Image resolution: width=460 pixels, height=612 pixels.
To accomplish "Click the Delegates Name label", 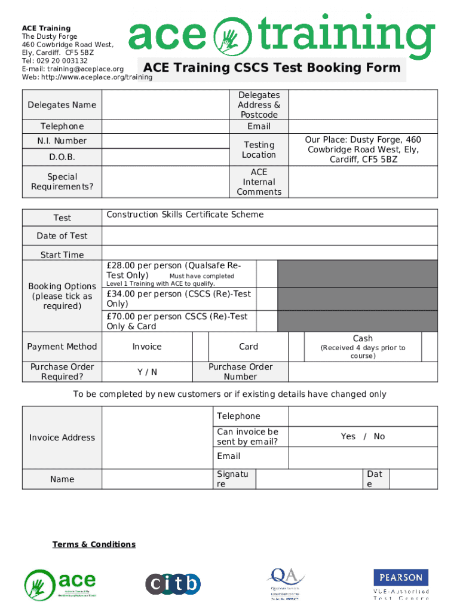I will click(x=62, y=105).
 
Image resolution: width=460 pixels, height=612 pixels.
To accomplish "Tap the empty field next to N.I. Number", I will click(x=165, y=141).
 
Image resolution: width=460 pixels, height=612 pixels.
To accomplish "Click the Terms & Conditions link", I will click(x=94, y=544).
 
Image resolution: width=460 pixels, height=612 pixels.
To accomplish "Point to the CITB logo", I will click(x=173, y=583).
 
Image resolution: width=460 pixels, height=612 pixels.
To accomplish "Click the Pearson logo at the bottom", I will click(x=401, y=578).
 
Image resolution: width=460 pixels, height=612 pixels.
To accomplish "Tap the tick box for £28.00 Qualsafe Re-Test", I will click(x=267, y=273).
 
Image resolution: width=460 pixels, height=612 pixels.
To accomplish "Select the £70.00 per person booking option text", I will click(x=177, y=322).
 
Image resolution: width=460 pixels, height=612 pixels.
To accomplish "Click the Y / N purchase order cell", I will click(x=147, y=372).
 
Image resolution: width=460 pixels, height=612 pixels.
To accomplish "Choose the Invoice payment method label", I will click(x=147, y=347).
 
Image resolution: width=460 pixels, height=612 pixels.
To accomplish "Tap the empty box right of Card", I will click(x=296, y=347).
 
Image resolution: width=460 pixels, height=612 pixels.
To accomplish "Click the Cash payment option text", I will click(x=363, y=338).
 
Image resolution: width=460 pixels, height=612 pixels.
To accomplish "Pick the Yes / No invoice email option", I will click(x=363, y=437).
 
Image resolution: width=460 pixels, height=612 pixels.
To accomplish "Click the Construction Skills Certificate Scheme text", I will click(x=185, y=215).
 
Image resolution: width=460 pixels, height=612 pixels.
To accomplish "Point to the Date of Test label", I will click(x=62, y=236).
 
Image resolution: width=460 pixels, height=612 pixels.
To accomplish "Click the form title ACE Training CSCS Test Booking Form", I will click(x=272, y=68).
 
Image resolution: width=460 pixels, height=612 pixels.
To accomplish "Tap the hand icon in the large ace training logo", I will click(x=229, y=36).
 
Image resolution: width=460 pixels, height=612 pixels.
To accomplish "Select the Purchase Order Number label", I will click(x=240, y=372).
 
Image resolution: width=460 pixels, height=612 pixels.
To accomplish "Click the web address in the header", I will click(x=87, y=77).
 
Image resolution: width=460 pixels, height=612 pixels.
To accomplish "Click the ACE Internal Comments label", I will click(x=259, y=182).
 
